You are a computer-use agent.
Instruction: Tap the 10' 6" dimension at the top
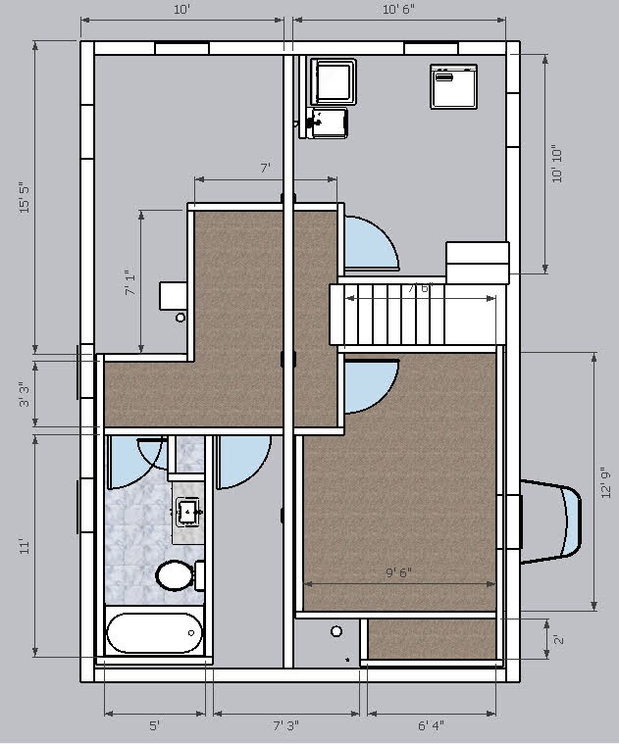(398, 10)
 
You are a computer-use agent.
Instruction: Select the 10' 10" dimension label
(558, 163)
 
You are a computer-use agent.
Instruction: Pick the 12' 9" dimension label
(606, 483)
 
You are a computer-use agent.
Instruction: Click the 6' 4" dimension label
(431, 726)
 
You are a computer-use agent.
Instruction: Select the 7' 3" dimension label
(285, 726)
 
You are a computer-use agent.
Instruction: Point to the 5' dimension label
(154, 726)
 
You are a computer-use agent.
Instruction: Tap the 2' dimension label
(558, 639)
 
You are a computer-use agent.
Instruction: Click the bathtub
(154, 634)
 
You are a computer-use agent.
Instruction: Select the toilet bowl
(177, 575)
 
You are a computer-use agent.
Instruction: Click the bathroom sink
(187, 510)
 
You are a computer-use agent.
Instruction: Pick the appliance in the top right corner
(453, 85)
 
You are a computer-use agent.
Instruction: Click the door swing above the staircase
(370, 242)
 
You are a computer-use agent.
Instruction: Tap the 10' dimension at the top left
(181, 10)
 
